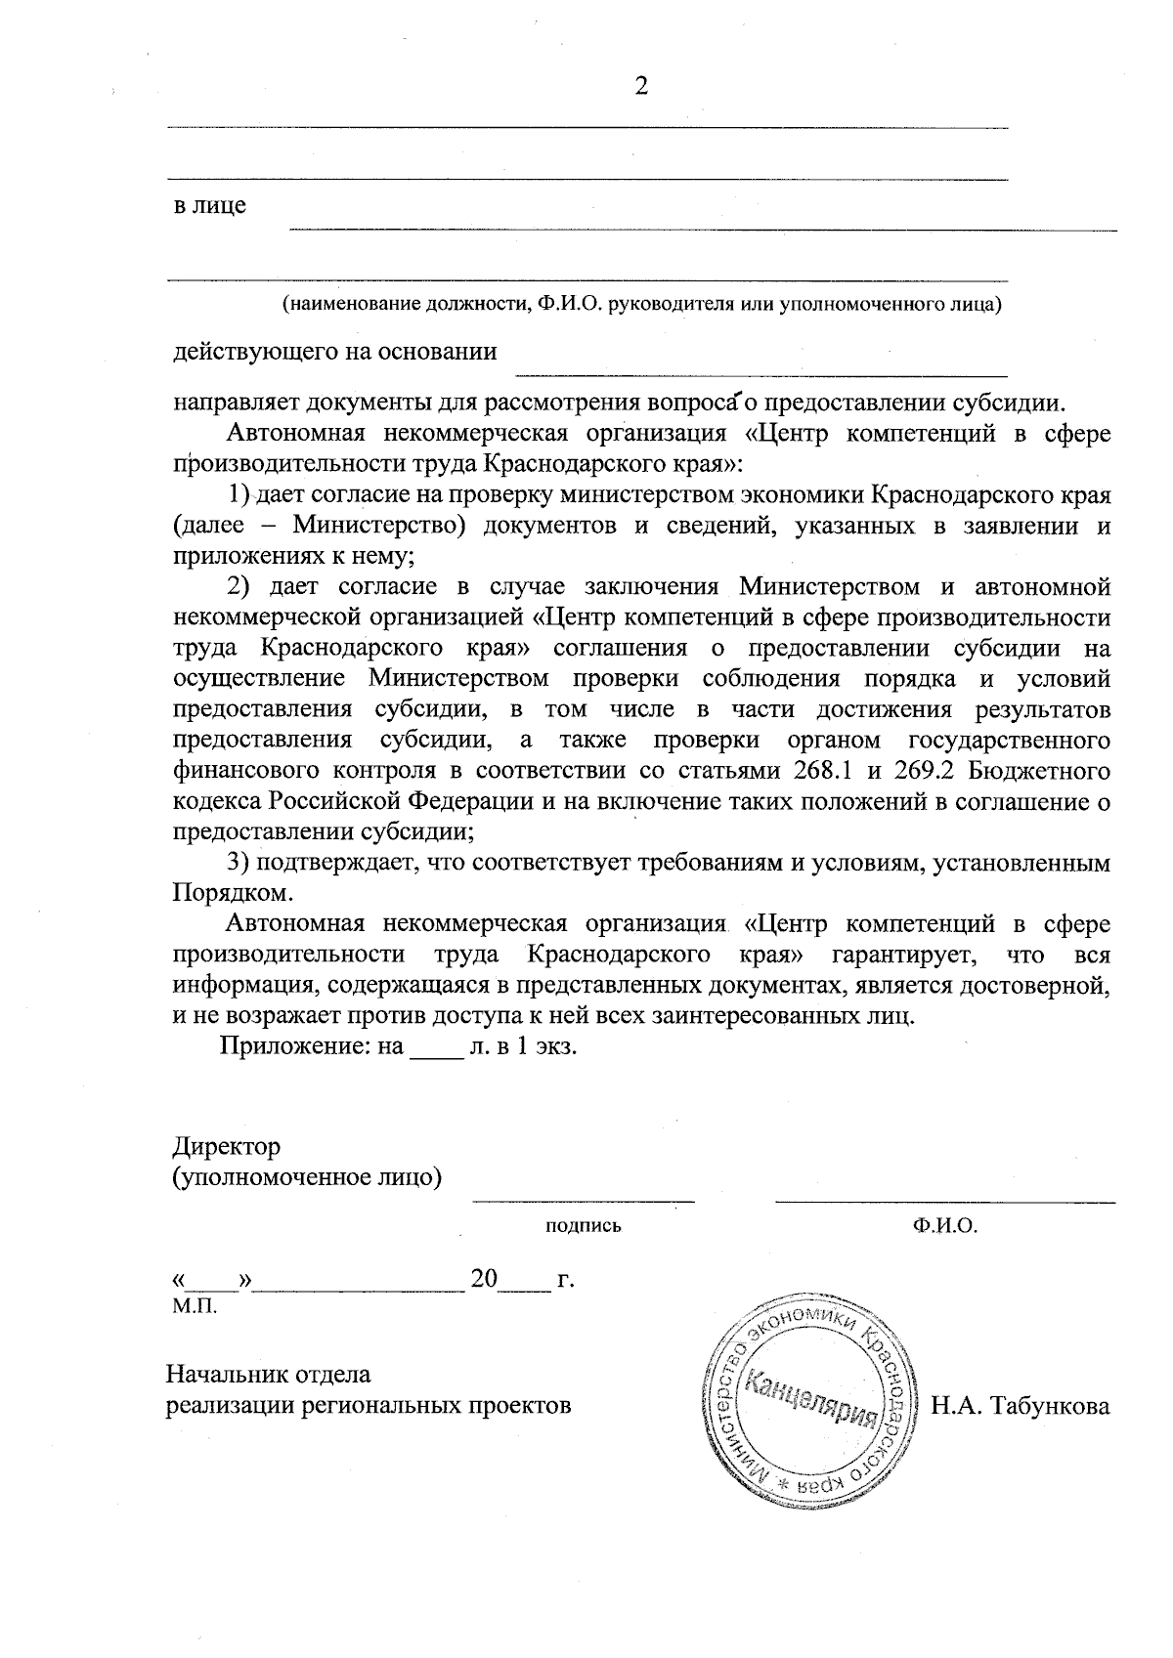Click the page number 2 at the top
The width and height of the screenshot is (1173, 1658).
tap(641, 87)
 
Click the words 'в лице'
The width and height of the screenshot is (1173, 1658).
tap(209, 206)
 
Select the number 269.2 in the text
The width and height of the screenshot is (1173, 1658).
tap(918, 771)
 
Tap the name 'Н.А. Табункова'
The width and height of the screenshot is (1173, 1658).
tap(1021, 1406)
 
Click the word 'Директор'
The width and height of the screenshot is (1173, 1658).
tap(226, 1145)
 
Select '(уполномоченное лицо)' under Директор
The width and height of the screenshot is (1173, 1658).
tap(307, 1176)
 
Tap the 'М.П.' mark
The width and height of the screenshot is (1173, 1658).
tap(194, 1306)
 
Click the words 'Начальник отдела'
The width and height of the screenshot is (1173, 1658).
tap(269, 1375)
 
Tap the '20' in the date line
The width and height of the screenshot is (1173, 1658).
tap(485, 1279)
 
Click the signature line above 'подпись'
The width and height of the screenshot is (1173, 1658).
tap(584, 1199)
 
